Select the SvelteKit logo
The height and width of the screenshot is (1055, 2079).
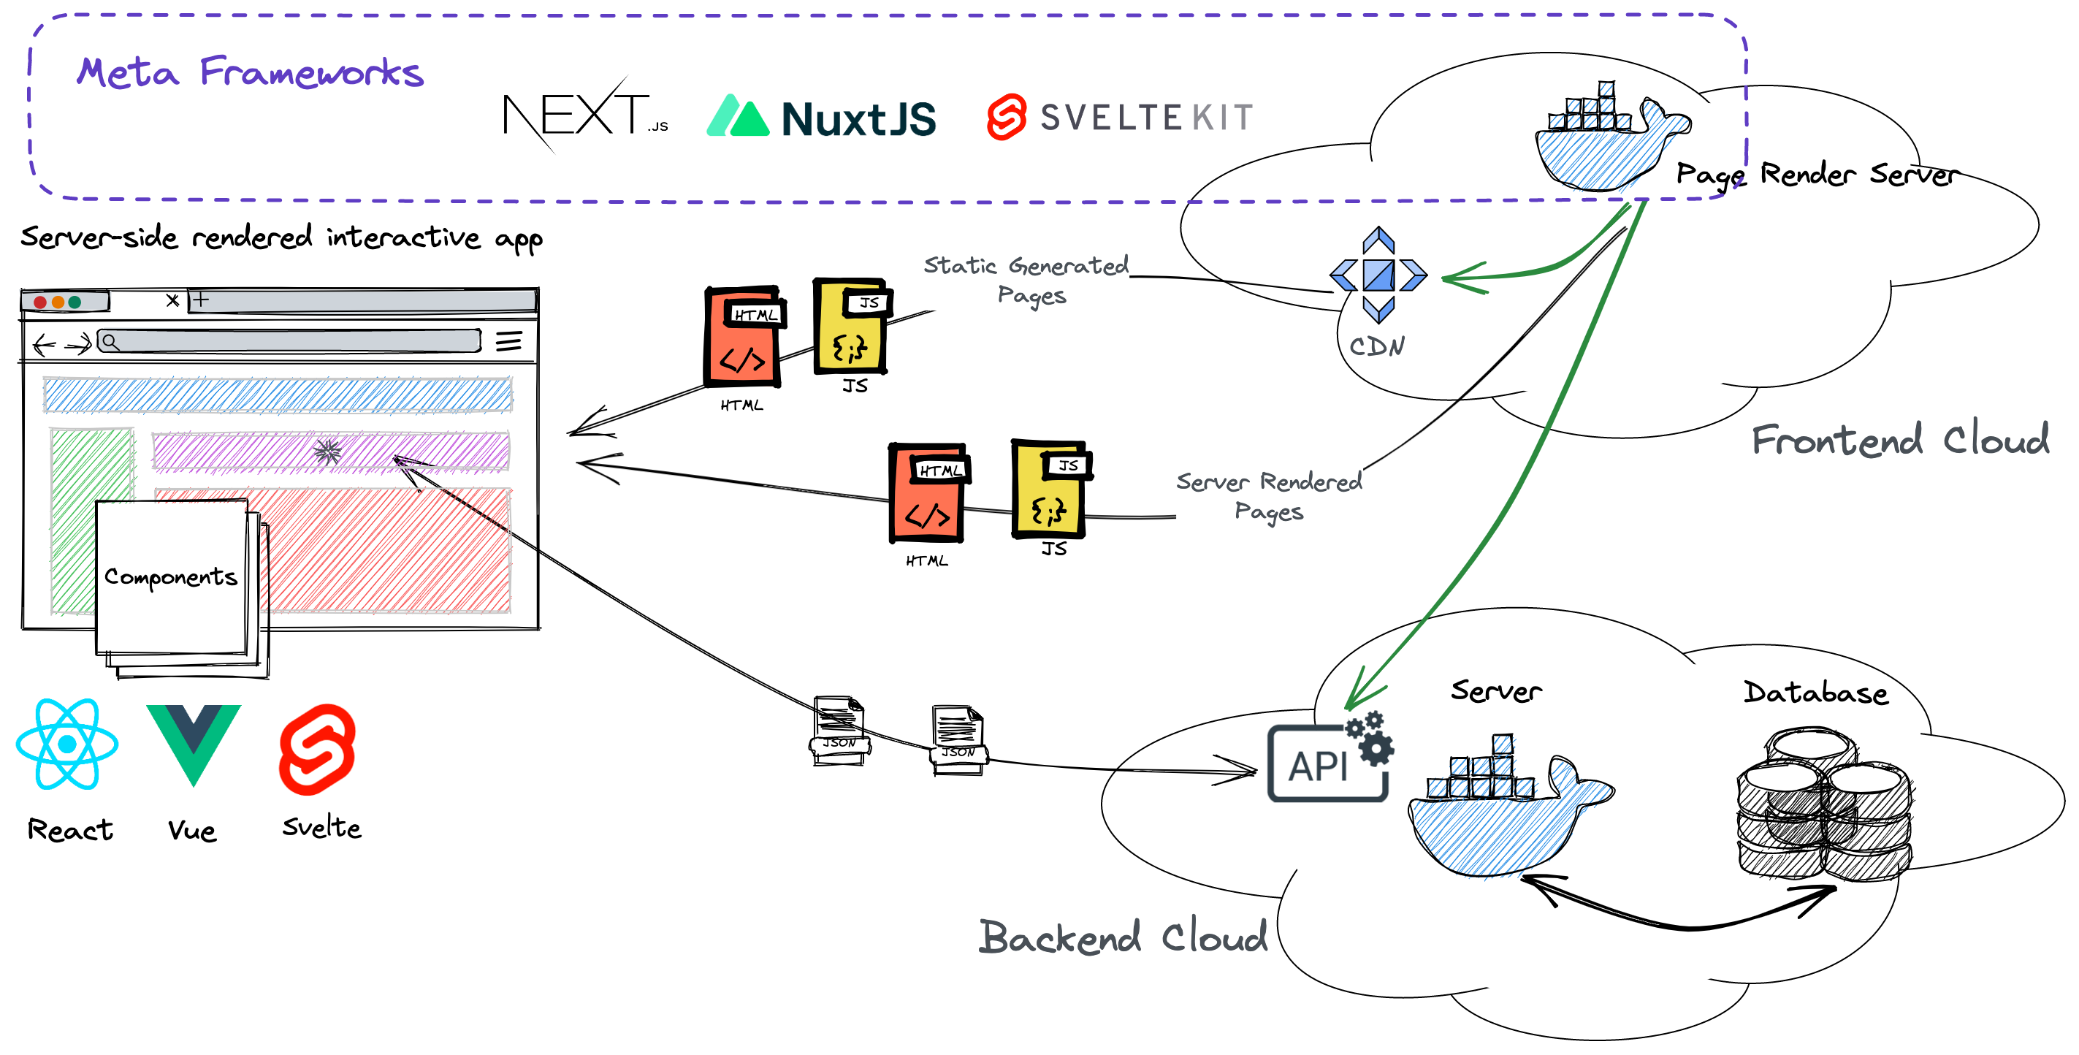(x=1119, y=118)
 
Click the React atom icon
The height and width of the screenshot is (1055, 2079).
(x=67, y=744)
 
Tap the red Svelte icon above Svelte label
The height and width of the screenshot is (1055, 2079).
(x=317, y=748)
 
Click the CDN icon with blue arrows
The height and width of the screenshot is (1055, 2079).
(x=1378, y=275)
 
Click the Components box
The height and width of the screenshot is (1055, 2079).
(x=171, y=576)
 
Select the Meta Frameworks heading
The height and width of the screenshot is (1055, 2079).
(x=249, y=72)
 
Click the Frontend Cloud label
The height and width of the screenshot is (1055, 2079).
(x=1899, y=440)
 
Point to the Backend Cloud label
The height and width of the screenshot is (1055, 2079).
(x=1123, y=937)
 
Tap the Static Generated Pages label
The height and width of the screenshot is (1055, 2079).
(x=1026, y=278)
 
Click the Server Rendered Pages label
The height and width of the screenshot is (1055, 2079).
(x=1268, y=495)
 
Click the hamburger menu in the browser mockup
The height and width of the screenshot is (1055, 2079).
(x=508, y=341)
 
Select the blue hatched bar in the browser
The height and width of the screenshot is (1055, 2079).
(x=278, y=395)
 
